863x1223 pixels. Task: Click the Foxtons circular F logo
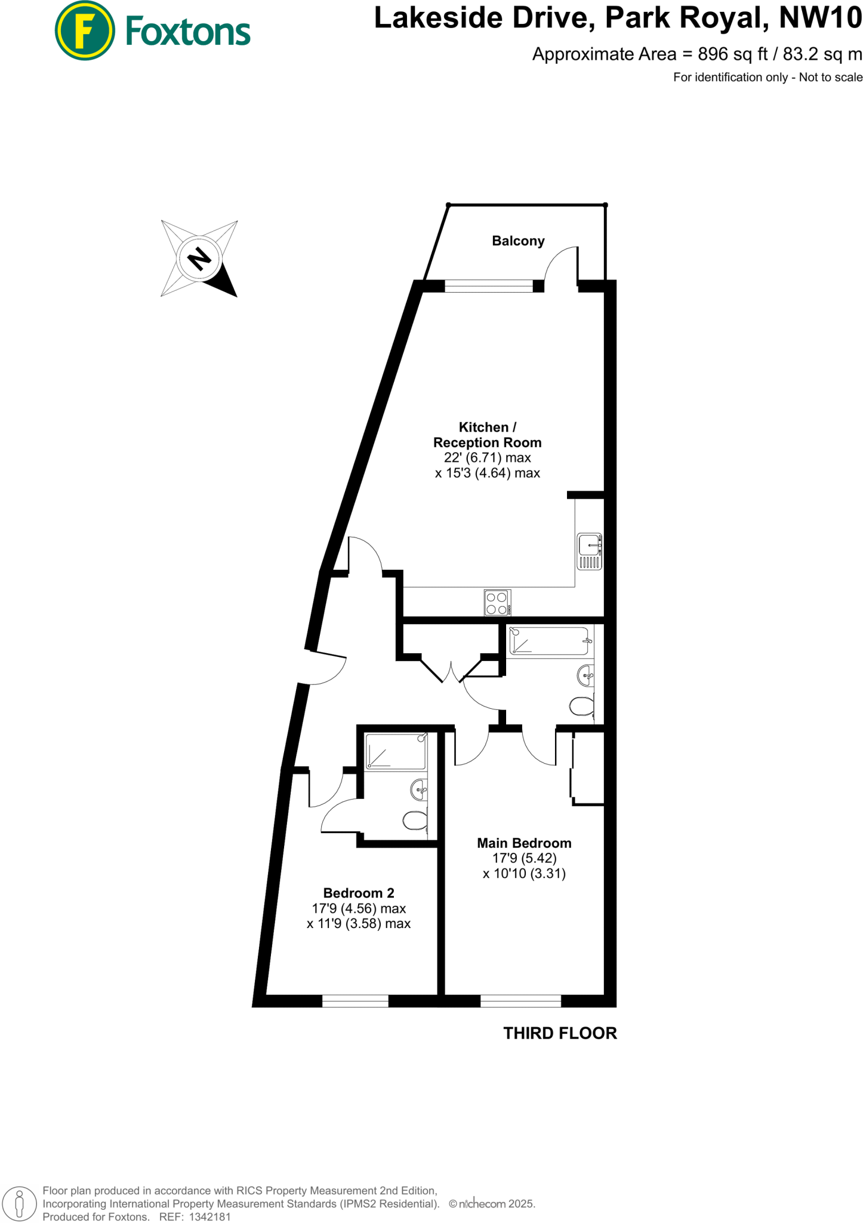click(x=84, y=30)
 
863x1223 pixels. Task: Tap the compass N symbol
click(x=199, y=259)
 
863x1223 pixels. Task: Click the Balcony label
click(x=518, y=241)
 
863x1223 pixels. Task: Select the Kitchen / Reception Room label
click(x=487, y=435)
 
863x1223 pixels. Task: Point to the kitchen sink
click(x=589, y=551)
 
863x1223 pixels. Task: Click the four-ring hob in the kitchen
click(x=497, y=603)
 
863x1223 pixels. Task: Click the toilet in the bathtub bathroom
click(x=582, y=706)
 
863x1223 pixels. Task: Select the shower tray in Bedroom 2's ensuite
click(x=395, y=751)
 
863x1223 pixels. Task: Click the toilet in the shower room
click(x=415, y=821)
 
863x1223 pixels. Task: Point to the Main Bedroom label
click(x=524, y=843)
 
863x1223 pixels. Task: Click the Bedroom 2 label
click(x=359, y=893)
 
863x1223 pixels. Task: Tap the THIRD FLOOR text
click(x=560, y=1034)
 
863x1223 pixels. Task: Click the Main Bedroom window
click(x=520, y=1001)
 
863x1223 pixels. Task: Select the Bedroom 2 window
click(x=355, y=1001)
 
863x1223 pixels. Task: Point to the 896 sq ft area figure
click(x=732, y=54)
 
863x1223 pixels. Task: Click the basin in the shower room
click(x=419, y=789)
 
